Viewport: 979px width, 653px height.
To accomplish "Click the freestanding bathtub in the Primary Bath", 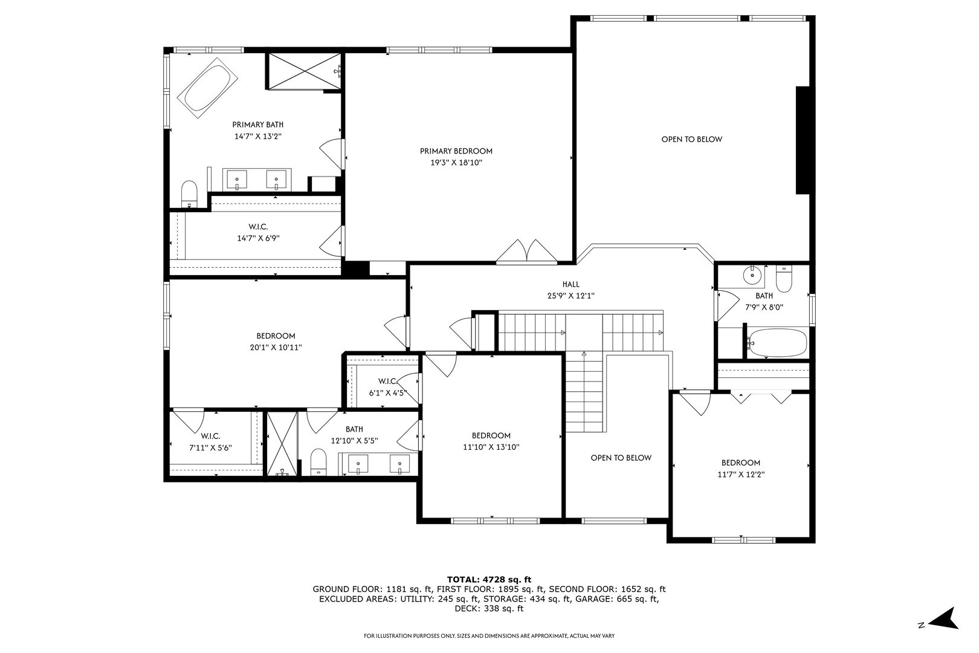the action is (x=207, y=88).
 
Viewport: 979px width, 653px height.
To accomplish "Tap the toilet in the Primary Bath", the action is (x=189, y=194).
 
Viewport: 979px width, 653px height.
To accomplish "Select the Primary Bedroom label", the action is (x=456, y=151).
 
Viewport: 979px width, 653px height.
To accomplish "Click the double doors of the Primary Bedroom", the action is (x=526, y=252).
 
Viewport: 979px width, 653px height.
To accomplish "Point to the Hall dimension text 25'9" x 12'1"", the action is (x=571, y=296).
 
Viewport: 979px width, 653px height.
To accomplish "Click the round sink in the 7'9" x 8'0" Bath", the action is (x=752, y=275).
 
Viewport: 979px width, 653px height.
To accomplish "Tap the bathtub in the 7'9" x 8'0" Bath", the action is (x=777, y=343).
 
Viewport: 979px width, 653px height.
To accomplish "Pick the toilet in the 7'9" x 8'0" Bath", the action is (x=784, y=279).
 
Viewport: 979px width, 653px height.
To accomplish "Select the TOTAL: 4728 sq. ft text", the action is (x=489, y=580).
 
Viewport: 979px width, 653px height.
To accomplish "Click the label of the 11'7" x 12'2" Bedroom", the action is (x=741, y=463).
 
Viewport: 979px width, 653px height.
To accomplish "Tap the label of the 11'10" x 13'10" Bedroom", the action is (x=491, y=435).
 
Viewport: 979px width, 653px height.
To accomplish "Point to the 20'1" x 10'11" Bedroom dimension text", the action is (x=276, y=348).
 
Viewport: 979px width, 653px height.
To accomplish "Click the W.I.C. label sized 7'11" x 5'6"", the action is (x=211, y=436).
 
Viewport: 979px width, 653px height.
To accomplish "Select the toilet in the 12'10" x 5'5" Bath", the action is (x=318, y=462).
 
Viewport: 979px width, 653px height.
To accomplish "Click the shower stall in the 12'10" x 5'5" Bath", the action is (x=282, y=444).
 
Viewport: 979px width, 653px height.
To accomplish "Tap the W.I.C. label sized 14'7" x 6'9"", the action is (x=258, y=227).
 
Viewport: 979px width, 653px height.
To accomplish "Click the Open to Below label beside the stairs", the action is (x=621, y=458).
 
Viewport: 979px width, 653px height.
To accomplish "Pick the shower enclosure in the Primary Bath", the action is (x=304, y=71).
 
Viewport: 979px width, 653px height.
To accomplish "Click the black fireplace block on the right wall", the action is (x=803, y=140).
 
